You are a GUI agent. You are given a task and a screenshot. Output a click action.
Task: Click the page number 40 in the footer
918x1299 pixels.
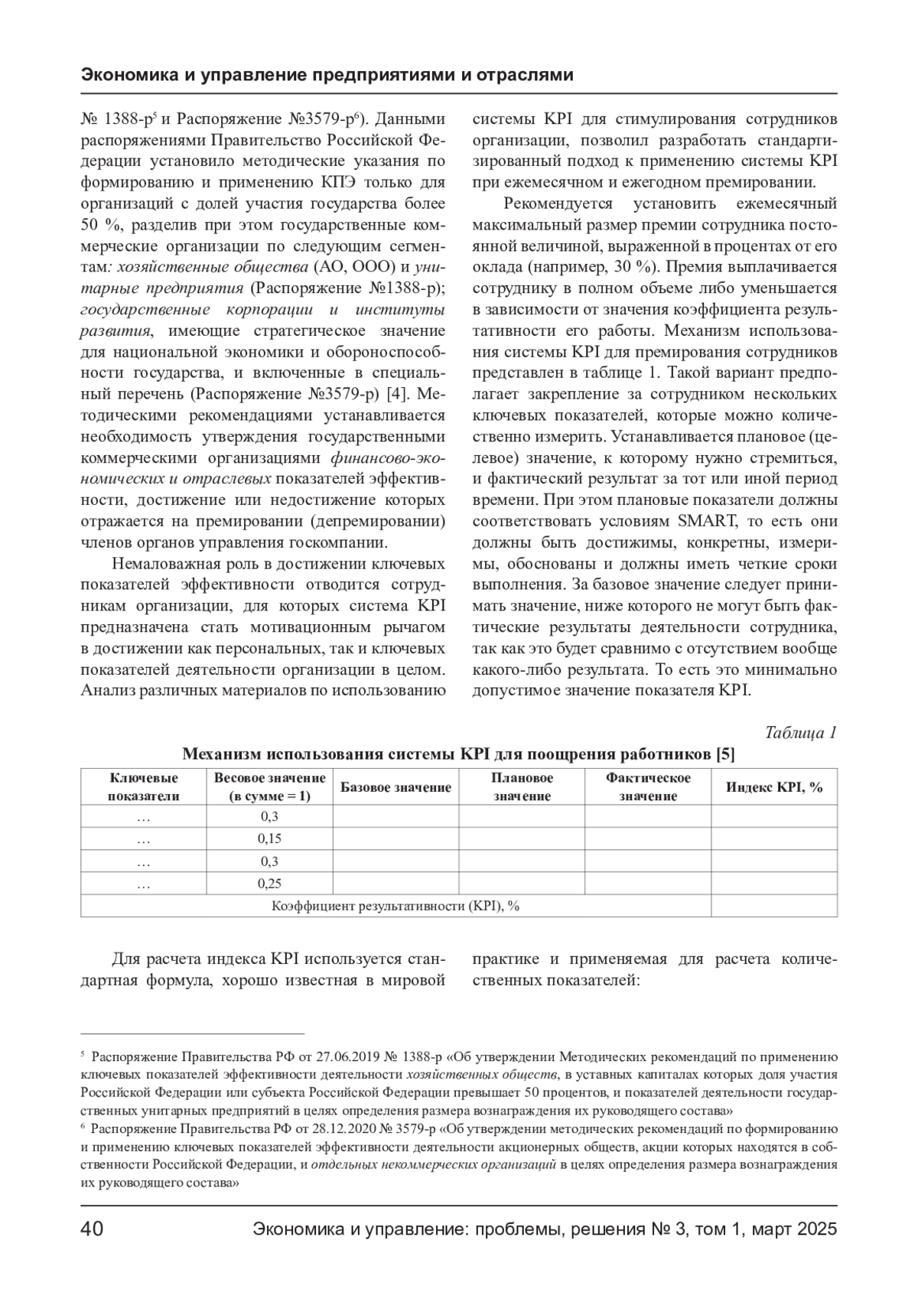(93, 1229)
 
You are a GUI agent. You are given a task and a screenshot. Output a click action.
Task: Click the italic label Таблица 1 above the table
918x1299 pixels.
(801, 732)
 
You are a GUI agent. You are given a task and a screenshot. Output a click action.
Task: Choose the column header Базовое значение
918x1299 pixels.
(396, 787)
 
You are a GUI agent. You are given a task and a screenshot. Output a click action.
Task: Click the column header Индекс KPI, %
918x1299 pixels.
(774, 787)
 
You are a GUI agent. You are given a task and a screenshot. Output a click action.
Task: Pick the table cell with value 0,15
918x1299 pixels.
(269, 838)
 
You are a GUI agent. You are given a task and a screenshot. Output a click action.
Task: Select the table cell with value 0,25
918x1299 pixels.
(269, 884)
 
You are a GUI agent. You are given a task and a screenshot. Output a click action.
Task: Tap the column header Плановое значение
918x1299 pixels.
(522, 787)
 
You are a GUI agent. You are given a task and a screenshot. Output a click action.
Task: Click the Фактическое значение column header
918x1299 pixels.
(648, 787)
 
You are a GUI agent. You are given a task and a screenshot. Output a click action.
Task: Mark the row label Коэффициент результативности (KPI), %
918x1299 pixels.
(396, 906)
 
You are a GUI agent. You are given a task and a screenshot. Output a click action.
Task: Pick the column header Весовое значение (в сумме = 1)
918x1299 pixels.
(269, 787)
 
